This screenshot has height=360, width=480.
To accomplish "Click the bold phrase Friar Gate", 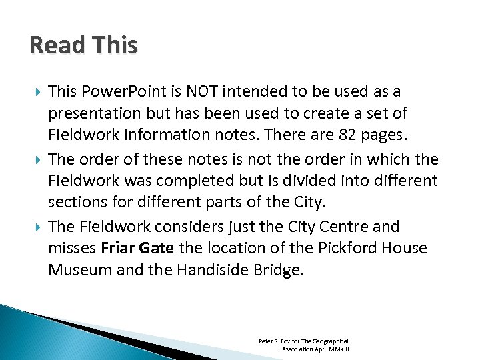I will pyautogui.click(x=137, y=249).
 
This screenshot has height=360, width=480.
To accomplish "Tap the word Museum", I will pyautogui.click(x=77, y=270).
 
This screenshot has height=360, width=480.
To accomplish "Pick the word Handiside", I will pyautogui.click(x=206, y=270).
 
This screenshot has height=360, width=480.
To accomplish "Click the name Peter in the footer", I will pyautogui.click(x=266, y=341).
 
